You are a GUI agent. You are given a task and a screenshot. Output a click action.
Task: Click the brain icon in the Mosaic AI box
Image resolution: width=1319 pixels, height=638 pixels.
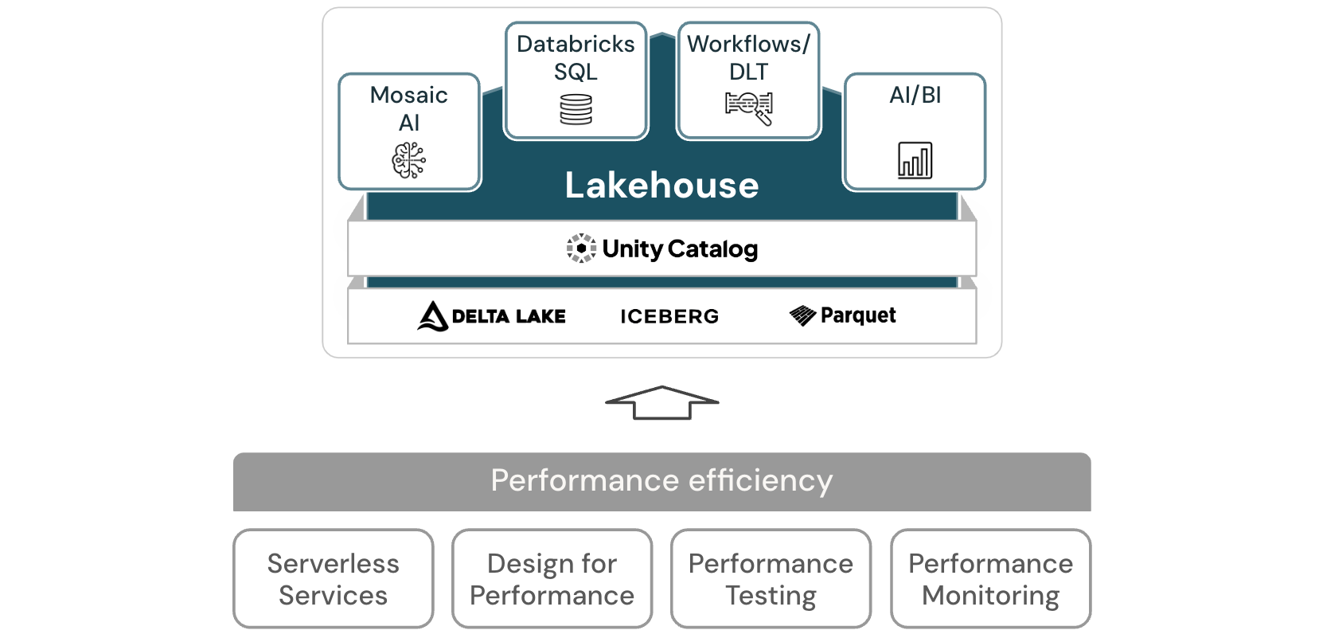pyautogui.click(x=409, y=160)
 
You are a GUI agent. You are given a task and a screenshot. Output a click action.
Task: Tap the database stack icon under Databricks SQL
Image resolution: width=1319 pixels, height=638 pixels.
pyautogui.click(x=576, y=110)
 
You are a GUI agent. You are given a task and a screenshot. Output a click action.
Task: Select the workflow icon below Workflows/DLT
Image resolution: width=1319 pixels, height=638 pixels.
pyautogui.click(x=749, y=108)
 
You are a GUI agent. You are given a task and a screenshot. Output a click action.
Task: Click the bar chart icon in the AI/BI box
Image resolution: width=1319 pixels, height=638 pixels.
pyautogui.click(x=915, y=160)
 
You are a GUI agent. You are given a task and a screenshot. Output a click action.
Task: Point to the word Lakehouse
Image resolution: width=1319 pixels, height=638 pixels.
pyautogui.click(x=661, y=185)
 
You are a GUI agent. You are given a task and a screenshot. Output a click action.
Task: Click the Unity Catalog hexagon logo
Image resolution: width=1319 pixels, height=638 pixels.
pyautogui.click(x=581, y=249)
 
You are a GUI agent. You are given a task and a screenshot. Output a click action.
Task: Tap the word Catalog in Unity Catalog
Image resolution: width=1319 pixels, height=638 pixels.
pyautogui.click(x=712, y=249)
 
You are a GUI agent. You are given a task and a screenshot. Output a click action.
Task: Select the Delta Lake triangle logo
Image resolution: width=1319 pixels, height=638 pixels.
pyautogui.click(x=432, y=316)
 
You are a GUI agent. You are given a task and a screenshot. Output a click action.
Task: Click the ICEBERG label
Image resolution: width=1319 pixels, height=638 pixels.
pyautogui.click(x=669, y=316)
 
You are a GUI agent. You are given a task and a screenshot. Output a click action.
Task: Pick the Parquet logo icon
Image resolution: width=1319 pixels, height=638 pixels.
pyautogui.click(x=802, y=315)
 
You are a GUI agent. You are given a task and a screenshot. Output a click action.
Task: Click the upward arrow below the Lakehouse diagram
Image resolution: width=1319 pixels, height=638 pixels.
pyautogui.click(x=661, y=402)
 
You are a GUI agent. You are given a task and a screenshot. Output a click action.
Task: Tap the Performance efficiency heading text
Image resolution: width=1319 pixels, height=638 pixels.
pyautogui.click(x=661, y=481)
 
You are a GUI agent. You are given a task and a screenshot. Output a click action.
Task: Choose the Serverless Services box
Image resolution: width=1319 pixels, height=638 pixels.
pyautogui.click(x=334, y=579)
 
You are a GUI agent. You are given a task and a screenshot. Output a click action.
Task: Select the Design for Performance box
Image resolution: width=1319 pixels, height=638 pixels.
pyautogui.click(x=552, y=579)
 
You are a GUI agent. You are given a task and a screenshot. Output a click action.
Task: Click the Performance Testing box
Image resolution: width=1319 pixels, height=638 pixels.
pyautogui.click(x=771, y=579)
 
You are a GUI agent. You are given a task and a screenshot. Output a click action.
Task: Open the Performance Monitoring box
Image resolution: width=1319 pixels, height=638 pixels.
pyautogui.click(x=990, y=579)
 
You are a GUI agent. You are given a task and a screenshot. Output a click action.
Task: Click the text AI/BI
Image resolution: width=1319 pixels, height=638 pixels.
pyautogui.click(x=915, y=95)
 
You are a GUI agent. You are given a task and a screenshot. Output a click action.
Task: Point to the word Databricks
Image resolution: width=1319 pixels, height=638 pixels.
pyautogui.click(x=576, y=44)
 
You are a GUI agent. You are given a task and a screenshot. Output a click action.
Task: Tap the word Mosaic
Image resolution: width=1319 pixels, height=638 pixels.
pyautogui.click(x=409, y=95)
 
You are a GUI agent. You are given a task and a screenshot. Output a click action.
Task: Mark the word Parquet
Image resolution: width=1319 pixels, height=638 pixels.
pyautogui.click(x=858, y=315)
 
